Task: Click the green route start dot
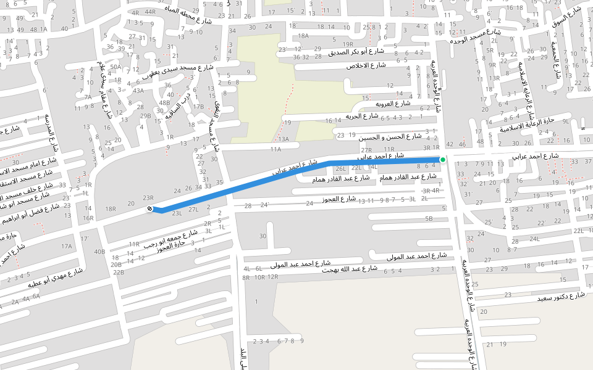point(442,160)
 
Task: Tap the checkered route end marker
point(149,210)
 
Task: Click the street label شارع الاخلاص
point(366,65)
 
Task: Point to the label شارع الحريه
point(361,116)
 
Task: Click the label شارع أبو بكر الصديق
point(357,52)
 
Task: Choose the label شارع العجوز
point(339,199)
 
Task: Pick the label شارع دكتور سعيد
point(560,297)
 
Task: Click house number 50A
point(116,67)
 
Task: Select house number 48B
point(164,103)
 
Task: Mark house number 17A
point(66,246)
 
